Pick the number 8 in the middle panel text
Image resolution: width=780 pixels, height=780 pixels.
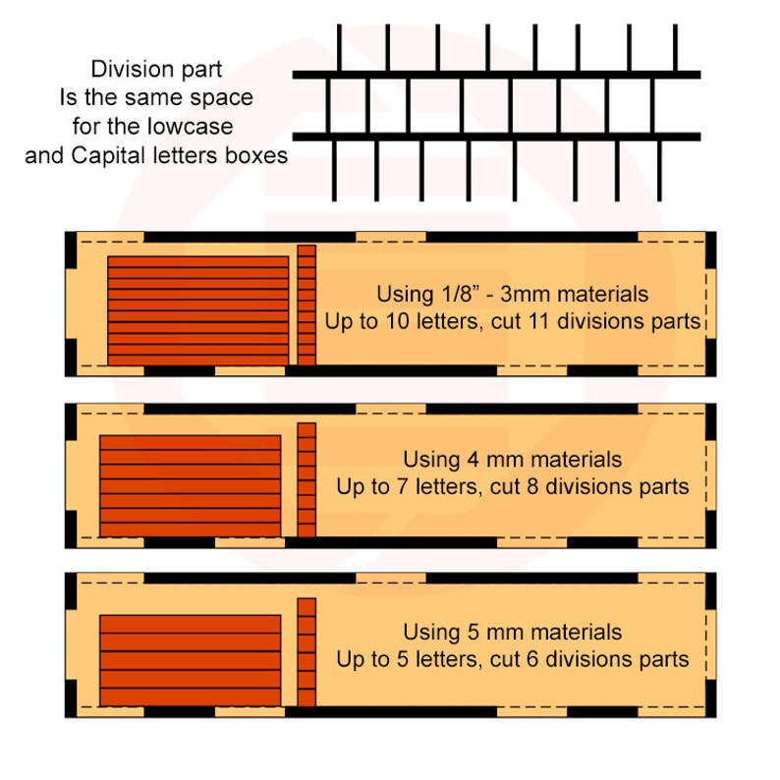[x=532, y=486]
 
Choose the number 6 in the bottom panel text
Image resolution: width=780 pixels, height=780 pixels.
[x=532, y=659]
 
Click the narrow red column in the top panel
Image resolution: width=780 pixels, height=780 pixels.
[x=306, y=305]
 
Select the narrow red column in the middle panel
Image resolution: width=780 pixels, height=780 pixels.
[x=306, y=480]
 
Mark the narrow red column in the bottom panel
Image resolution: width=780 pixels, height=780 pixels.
[x=306, y=652]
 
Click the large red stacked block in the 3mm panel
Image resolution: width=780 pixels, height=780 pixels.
[x=198, y=310]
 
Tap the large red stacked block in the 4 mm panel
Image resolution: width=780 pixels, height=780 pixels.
[x=190, y=486]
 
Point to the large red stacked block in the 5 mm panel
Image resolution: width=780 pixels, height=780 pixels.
[x=190, y=660]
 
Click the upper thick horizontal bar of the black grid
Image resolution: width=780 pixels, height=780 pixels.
[x=496, y=75]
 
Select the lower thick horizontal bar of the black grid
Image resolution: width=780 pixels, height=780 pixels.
[x=496, y=137]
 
